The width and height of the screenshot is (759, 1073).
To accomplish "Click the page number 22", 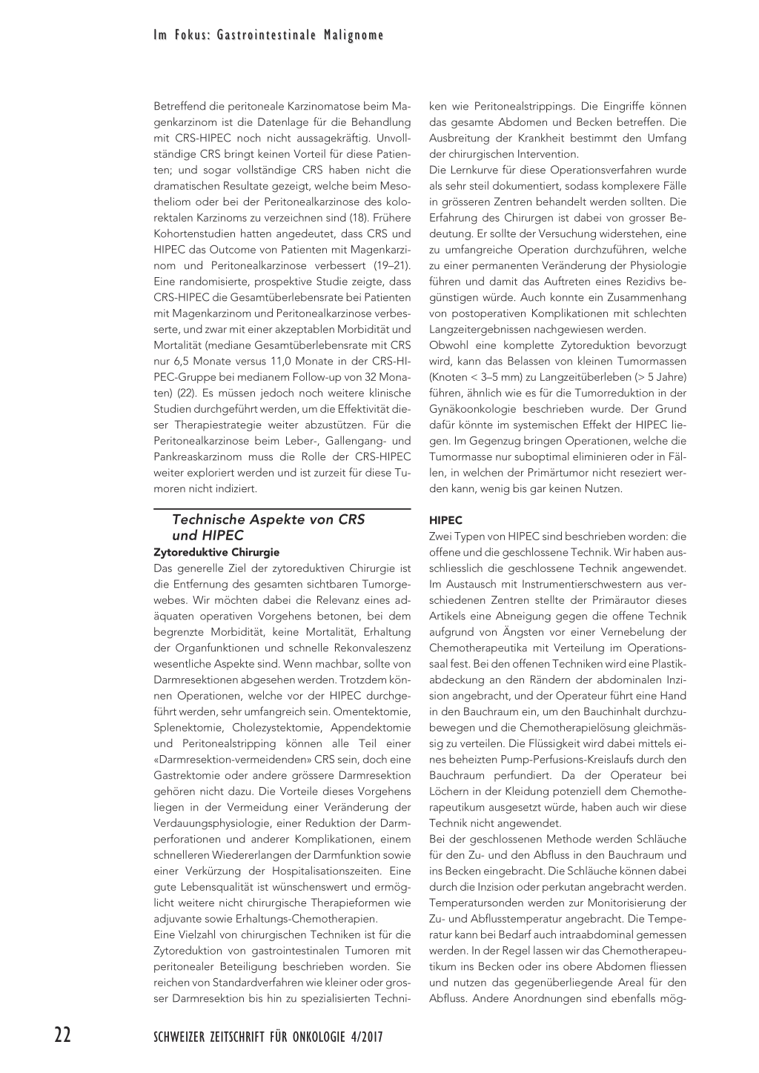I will [x=63, y=1035].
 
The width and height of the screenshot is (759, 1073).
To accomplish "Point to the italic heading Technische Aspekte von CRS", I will [x=268, y=519].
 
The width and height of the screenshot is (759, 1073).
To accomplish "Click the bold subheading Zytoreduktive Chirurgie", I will [x=216, y=552].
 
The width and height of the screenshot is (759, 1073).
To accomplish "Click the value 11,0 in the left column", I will [x=284, y=361].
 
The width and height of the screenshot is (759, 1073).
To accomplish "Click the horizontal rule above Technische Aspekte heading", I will [x=282, y=509].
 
